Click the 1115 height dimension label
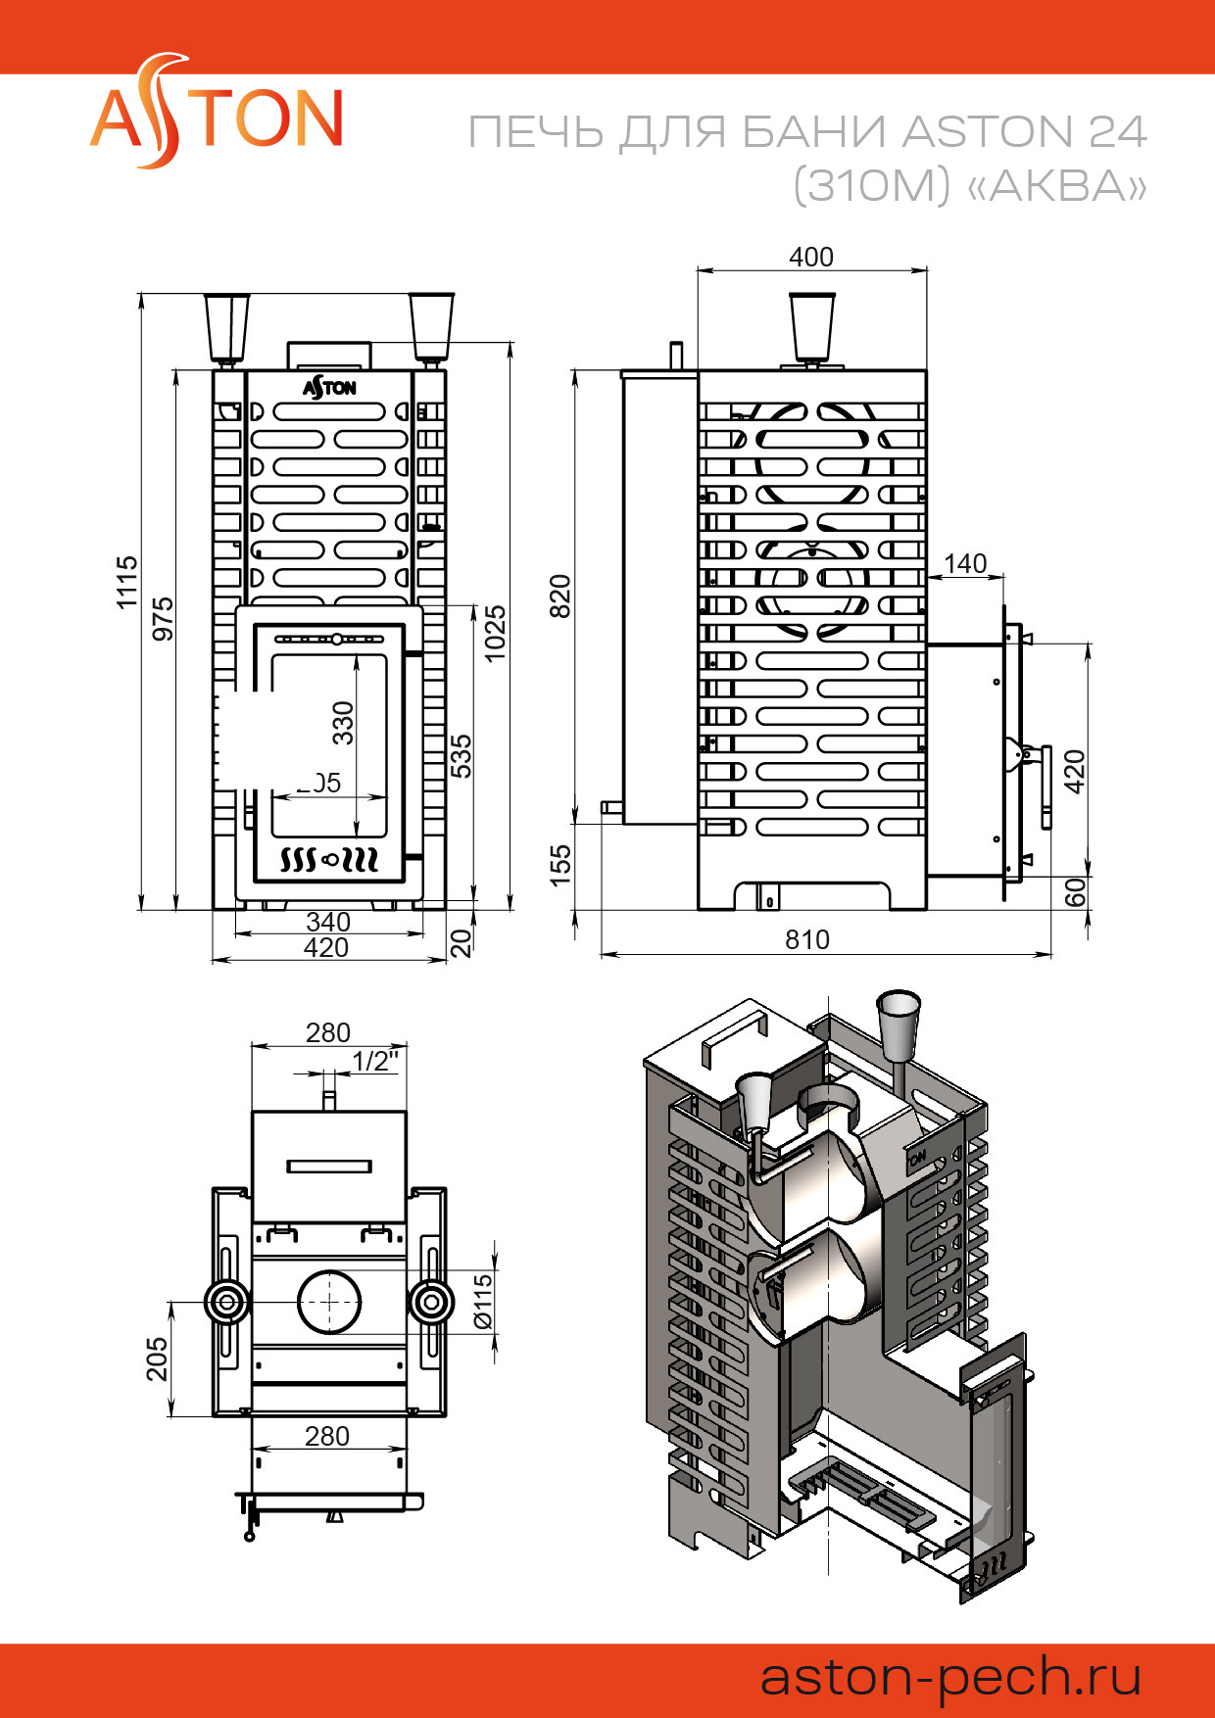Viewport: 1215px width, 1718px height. point(127,583)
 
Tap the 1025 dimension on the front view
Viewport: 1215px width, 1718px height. point(495,633)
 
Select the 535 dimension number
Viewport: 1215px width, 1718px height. point(461,756)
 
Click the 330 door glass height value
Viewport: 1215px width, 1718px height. point(342,723)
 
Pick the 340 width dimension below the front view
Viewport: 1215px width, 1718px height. point(328,922)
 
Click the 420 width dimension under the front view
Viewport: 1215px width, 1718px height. point(326,947)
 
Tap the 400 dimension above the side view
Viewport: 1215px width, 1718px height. point(811,257)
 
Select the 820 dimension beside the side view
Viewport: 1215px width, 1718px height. point(559,596)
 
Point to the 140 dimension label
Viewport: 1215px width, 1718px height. point(965,563)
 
